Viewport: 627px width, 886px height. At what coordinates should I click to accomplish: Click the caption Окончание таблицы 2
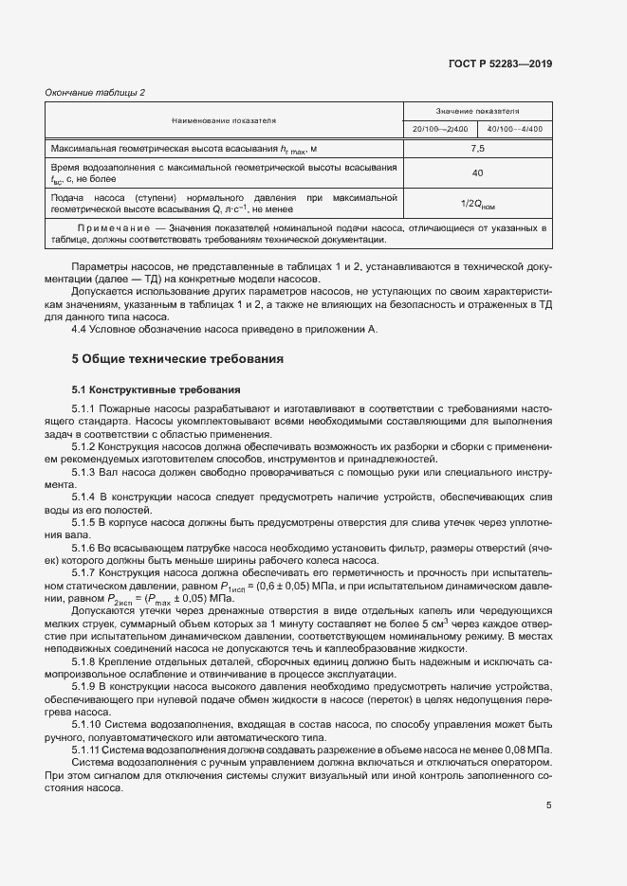click(95, 92)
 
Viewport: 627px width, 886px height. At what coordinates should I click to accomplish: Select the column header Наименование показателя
click(224, 120)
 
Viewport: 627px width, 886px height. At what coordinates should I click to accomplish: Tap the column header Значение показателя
click(477, 111)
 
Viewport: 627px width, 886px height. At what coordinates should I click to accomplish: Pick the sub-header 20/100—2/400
click(440, 129)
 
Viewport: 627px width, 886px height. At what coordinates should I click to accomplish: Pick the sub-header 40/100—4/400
click(514, 129)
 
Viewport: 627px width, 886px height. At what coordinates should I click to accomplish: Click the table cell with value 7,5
click(477, 149)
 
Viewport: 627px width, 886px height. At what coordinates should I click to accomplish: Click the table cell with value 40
click(477, 172)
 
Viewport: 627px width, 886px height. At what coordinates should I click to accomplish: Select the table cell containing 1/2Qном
click(477, 203)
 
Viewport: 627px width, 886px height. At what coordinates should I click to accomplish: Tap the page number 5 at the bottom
click(549, 805)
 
